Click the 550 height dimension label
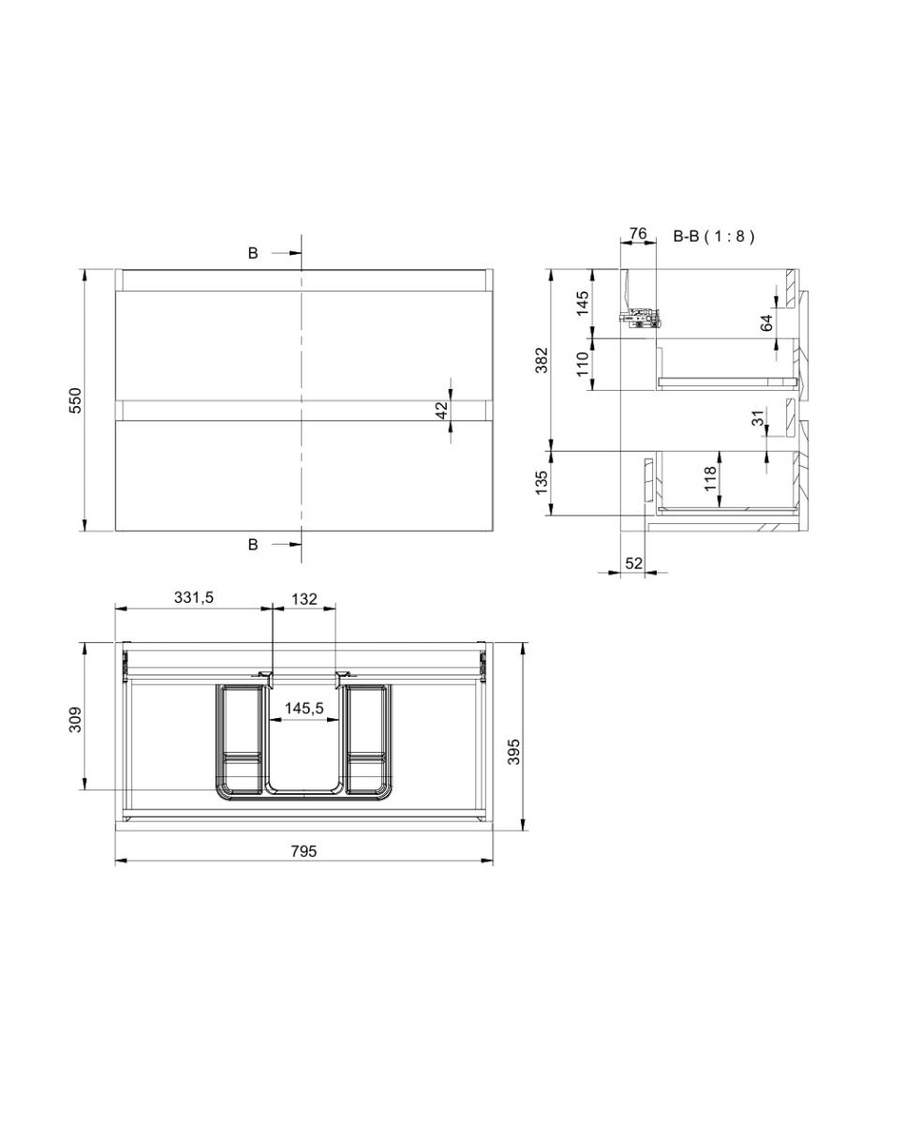pos(76,400)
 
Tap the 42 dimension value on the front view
pos(442,410)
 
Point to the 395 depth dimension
pos(513,752)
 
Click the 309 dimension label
pos(76,720)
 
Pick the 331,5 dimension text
pos(194,597)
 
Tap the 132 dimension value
pos(304,599)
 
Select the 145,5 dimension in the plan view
pos(304,709)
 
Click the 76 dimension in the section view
pos(637,233)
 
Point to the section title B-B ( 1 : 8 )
pos(714,236)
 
